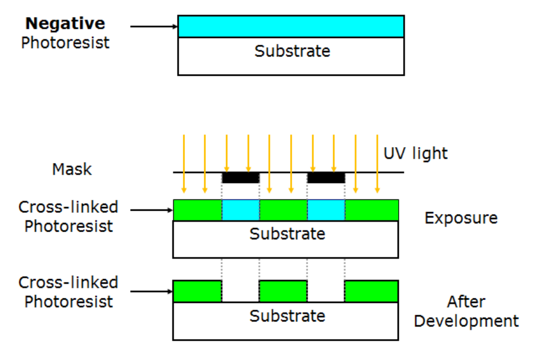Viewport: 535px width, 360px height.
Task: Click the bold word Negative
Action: (x=65, y=24)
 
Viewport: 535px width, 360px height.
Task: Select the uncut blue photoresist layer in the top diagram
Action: (x=291, y=27)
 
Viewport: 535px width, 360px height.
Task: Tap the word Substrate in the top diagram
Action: (x=292, y=51)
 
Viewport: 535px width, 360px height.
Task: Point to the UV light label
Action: (x=415, y=153)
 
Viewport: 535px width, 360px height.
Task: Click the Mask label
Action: (x=72, y=169)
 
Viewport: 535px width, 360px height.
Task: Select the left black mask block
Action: (x=240, y=178)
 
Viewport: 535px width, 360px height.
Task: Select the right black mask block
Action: (x=326, y=178)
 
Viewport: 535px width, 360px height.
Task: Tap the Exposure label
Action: (x=461, y=218)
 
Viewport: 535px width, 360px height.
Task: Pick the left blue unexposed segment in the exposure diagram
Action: (x=240, y=210)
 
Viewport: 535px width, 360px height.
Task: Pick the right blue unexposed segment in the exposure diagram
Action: (x=326, y=210)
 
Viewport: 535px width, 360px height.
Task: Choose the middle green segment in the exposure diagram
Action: (x=283, y=210)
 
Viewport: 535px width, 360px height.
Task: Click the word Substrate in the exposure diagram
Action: (x=287, y=234)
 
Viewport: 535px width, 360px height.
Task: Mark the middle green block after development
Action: (x=283, y=291)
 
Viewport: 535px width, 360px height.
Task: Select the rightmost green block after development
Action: (x=371, y=291)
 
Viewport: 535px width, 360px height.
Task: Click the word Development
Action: (x=466, y=321)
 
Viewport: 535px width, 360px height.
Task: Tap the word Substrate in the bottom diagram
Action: (x=287, y=315)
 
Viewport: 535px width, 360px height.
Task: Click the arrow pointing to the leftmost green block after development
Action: (x=152, y=292)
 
